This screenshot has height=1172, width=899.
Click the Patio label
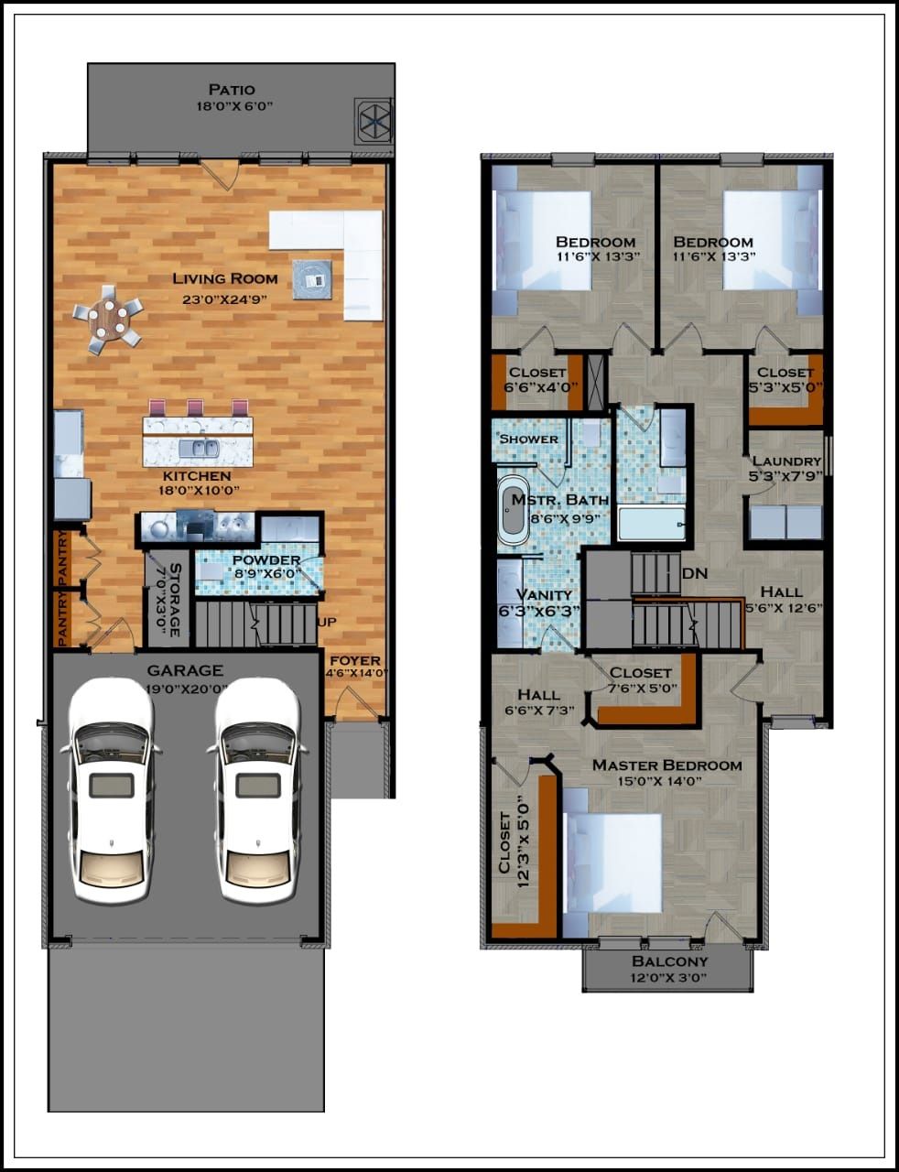click(x=231, y=90)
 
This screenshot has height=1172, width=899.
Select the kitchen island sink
click(x=199, y=449)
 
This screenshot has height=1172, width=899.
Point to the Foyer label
click(x=355, y=660)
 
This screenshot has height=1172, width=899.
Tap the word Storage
click(x=174, y=597)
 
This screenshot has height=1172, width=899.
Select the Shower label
click(x=529, y=439)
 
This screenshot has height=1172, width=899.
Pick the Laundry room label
click(x=785, y=461)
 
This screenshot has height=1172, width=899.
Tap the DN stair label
click(x=696, y=574)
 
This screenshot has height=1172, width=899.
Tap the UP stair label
click(x=326, y=622)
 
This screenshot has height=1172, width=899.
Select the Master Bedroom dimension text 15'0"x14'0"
click(x=666, y=781)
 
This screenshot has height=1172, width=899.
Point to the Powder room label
click(x=265, y=560)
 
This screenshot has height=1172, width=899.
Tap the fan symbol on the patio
click(x=374, y=120)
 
